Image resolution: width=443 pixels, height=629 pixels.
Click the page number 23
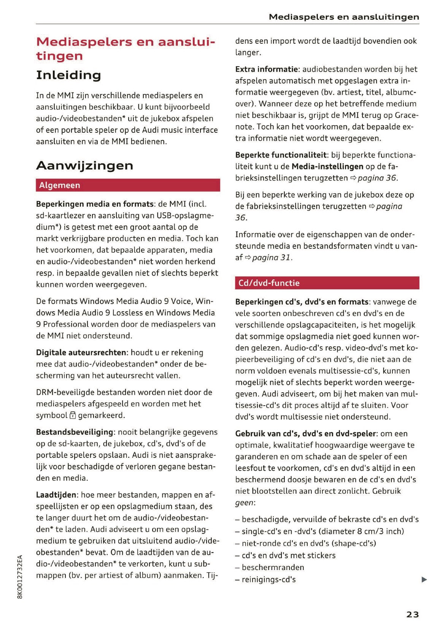412,614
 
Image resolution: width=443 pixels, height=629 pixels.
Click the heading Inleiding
68,75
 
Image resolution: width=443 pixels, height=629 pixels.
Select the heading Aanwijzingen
84,166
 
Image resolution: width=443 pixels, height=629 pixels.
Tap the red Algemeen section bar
128,185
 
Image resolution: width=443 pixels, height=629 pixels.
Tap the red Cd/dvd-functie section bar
327,283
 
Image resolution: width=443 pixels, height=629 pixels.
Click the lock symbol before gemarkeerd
73,416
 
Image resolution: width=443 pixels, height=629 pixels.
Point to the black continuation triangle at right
424,580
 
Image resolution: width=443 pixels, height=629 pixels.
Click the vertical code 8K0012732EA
20,576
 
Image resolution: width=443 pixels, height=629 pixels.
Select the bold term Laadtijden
56,495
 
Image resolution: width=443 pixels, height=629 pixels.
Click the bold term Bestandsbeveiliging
75,432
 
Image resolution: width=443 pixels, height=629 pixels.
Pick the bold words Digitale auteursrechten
81,352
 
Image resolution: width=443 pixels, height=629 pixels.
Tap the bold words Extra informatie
266,69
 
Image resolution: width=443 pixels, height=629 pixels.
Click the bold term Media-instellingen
327,166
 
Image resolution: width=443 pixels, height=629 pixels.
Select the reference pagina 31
271,258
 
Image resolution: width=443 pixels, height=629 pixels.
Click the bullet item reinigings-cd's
268,580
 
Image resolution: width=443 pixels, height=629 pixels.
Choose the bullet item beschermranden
273,567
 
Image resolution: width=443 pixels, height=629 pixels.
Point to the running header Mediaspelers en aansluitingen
343,17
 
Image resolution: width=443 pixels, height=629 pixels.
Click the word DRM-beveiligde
65,392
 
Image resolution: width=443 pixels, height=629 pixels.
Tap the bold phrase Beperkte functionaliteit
281,155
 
